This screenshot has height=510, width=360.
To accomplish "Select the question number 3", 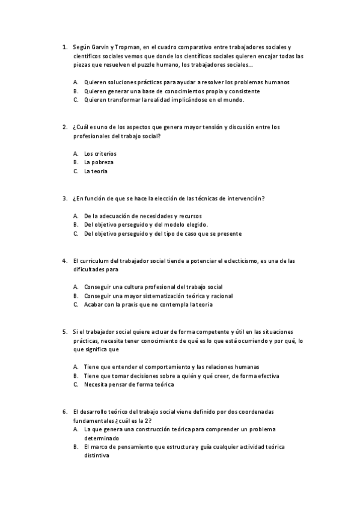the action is [64, 198].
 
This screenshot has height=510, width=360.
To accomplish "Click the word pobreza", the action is [99, 162].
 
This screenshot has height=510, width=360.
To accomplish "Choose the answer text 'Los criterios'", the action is [100, 153].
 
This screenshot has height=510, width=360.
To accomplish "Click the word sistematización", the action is [162, 296].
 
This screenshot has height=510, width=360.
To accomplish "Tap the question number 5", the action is [64, 331].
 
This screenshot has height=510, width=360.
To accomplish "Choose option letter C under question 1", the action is [76, 100].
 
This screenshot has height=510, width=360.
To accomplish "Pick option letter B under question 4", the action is [76, 296].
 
